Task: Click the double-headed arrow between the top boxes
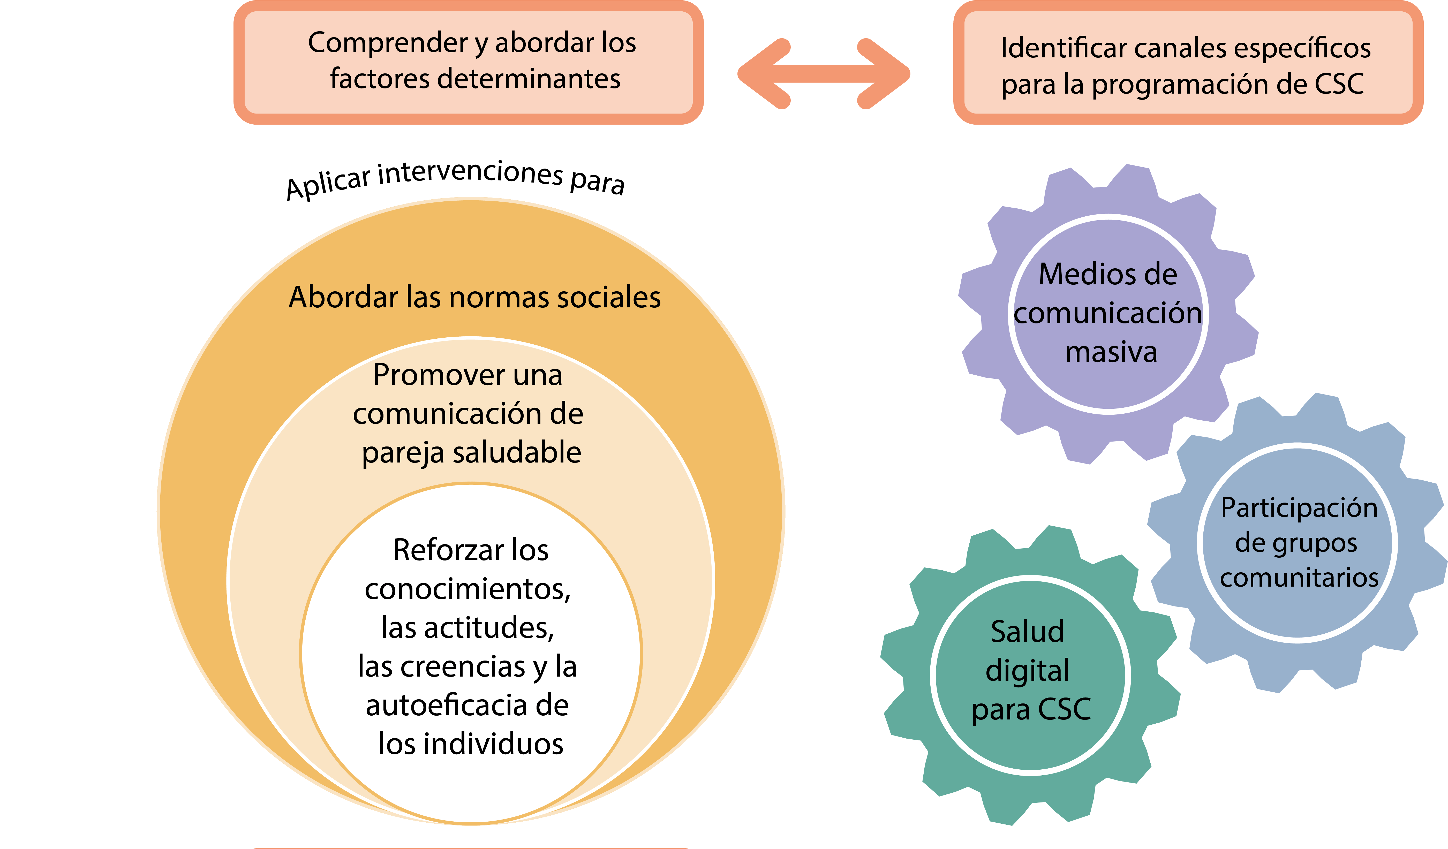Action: click(823, 73)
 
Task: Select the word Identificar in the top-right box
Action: click(1063, 48)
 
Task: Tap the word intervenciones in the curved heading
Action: click(470, 172)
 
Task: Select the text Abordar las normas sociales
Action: click(475, 298)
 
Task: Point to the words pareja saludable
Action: click(471, 452)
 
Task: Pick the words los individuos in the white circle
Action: click(471, 744)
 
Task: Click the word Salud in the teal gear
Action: click(1027, 632)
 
